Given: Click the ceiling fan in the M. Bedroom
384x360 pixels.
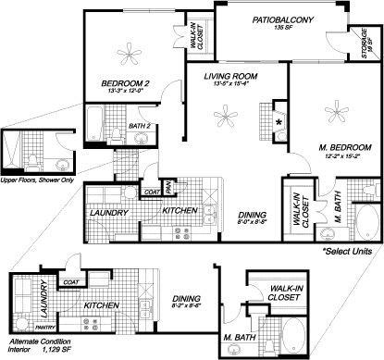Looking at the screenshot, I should (331, 115).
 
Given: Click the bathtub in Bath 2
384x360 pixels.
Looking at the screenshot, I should (96, 118).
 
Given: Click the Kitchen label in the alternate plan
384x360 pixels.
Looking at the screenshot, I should (100, 304).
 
